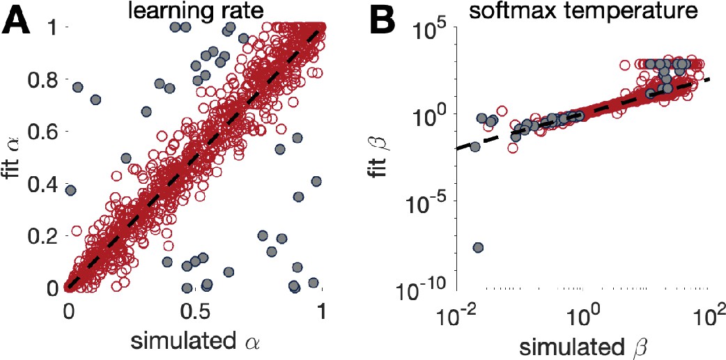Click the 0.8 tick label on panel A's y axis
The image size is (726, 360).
[x=42, y=79]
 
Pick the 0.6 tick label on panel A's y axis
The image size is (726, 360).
[x=42, y=131]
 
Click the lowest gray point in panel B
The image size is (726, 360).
[x=478, y=247]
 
